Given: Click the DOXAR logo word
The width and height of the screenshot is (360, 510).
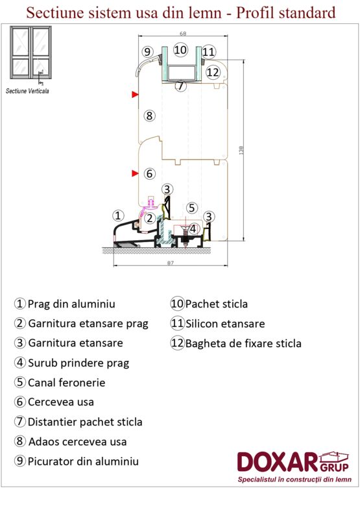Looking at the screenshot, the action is click(x=277, y=462).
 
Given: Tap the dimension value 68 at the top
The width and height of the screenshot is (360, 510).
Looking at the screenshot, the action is click(x=183, y=34).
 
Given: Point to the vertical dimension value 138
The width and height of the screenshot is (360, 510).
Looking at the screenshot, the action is click(x=241, y=151).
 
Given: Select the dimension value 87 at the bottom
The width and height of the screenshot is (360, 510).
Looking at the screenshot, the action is click(x=171, y=263).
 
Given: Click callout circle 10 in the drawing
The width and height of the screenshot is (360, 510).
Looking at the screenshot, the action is click(x=180, y=50).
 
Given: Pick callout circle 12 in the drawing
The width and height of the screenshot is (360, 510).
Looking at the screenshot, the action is click(x=213, y=72).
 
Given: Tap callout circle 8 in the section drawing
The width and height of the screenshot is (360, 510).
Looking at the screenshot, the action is click(x=149, y=115).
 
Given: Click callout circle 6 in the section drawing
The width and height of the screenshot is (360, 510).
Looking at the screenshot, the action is click(x=149, y=173).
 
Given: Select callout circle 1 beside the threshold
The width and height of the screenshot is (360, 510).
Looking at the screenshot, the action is click(x=118, y=215).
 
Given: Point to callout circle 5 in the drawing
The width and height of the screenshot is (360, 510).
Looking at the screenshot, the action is click(x=191, y=208).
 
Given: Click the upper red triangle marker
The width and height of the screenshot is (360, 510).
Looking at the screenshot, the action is click(x=135, y=95).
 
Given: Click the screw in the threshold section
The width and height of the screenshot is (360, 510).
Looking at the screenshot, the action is click(x=186, y=236).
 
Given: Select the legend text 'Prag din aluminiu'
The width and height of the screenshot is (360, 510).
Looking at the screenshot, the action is click(x=71, y=304).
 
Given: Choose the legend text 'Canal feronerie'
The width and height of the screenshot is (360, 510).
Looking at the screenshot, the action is click(x=66, y=383).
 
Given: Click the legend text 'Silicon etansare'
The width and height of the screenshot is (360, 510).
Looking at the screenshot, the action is click(x=225, y=324).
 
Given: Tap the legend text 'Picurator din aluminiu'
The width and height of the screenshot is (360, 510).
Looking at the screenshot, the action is click(x=83, y=461).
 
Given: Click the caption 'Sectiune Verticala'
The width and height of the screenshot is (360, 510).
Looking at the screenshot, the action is click(x=27, y=91).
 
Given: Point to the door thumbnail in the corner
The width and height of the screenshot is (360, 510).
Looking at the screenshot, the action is click(x=30, y=52).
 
